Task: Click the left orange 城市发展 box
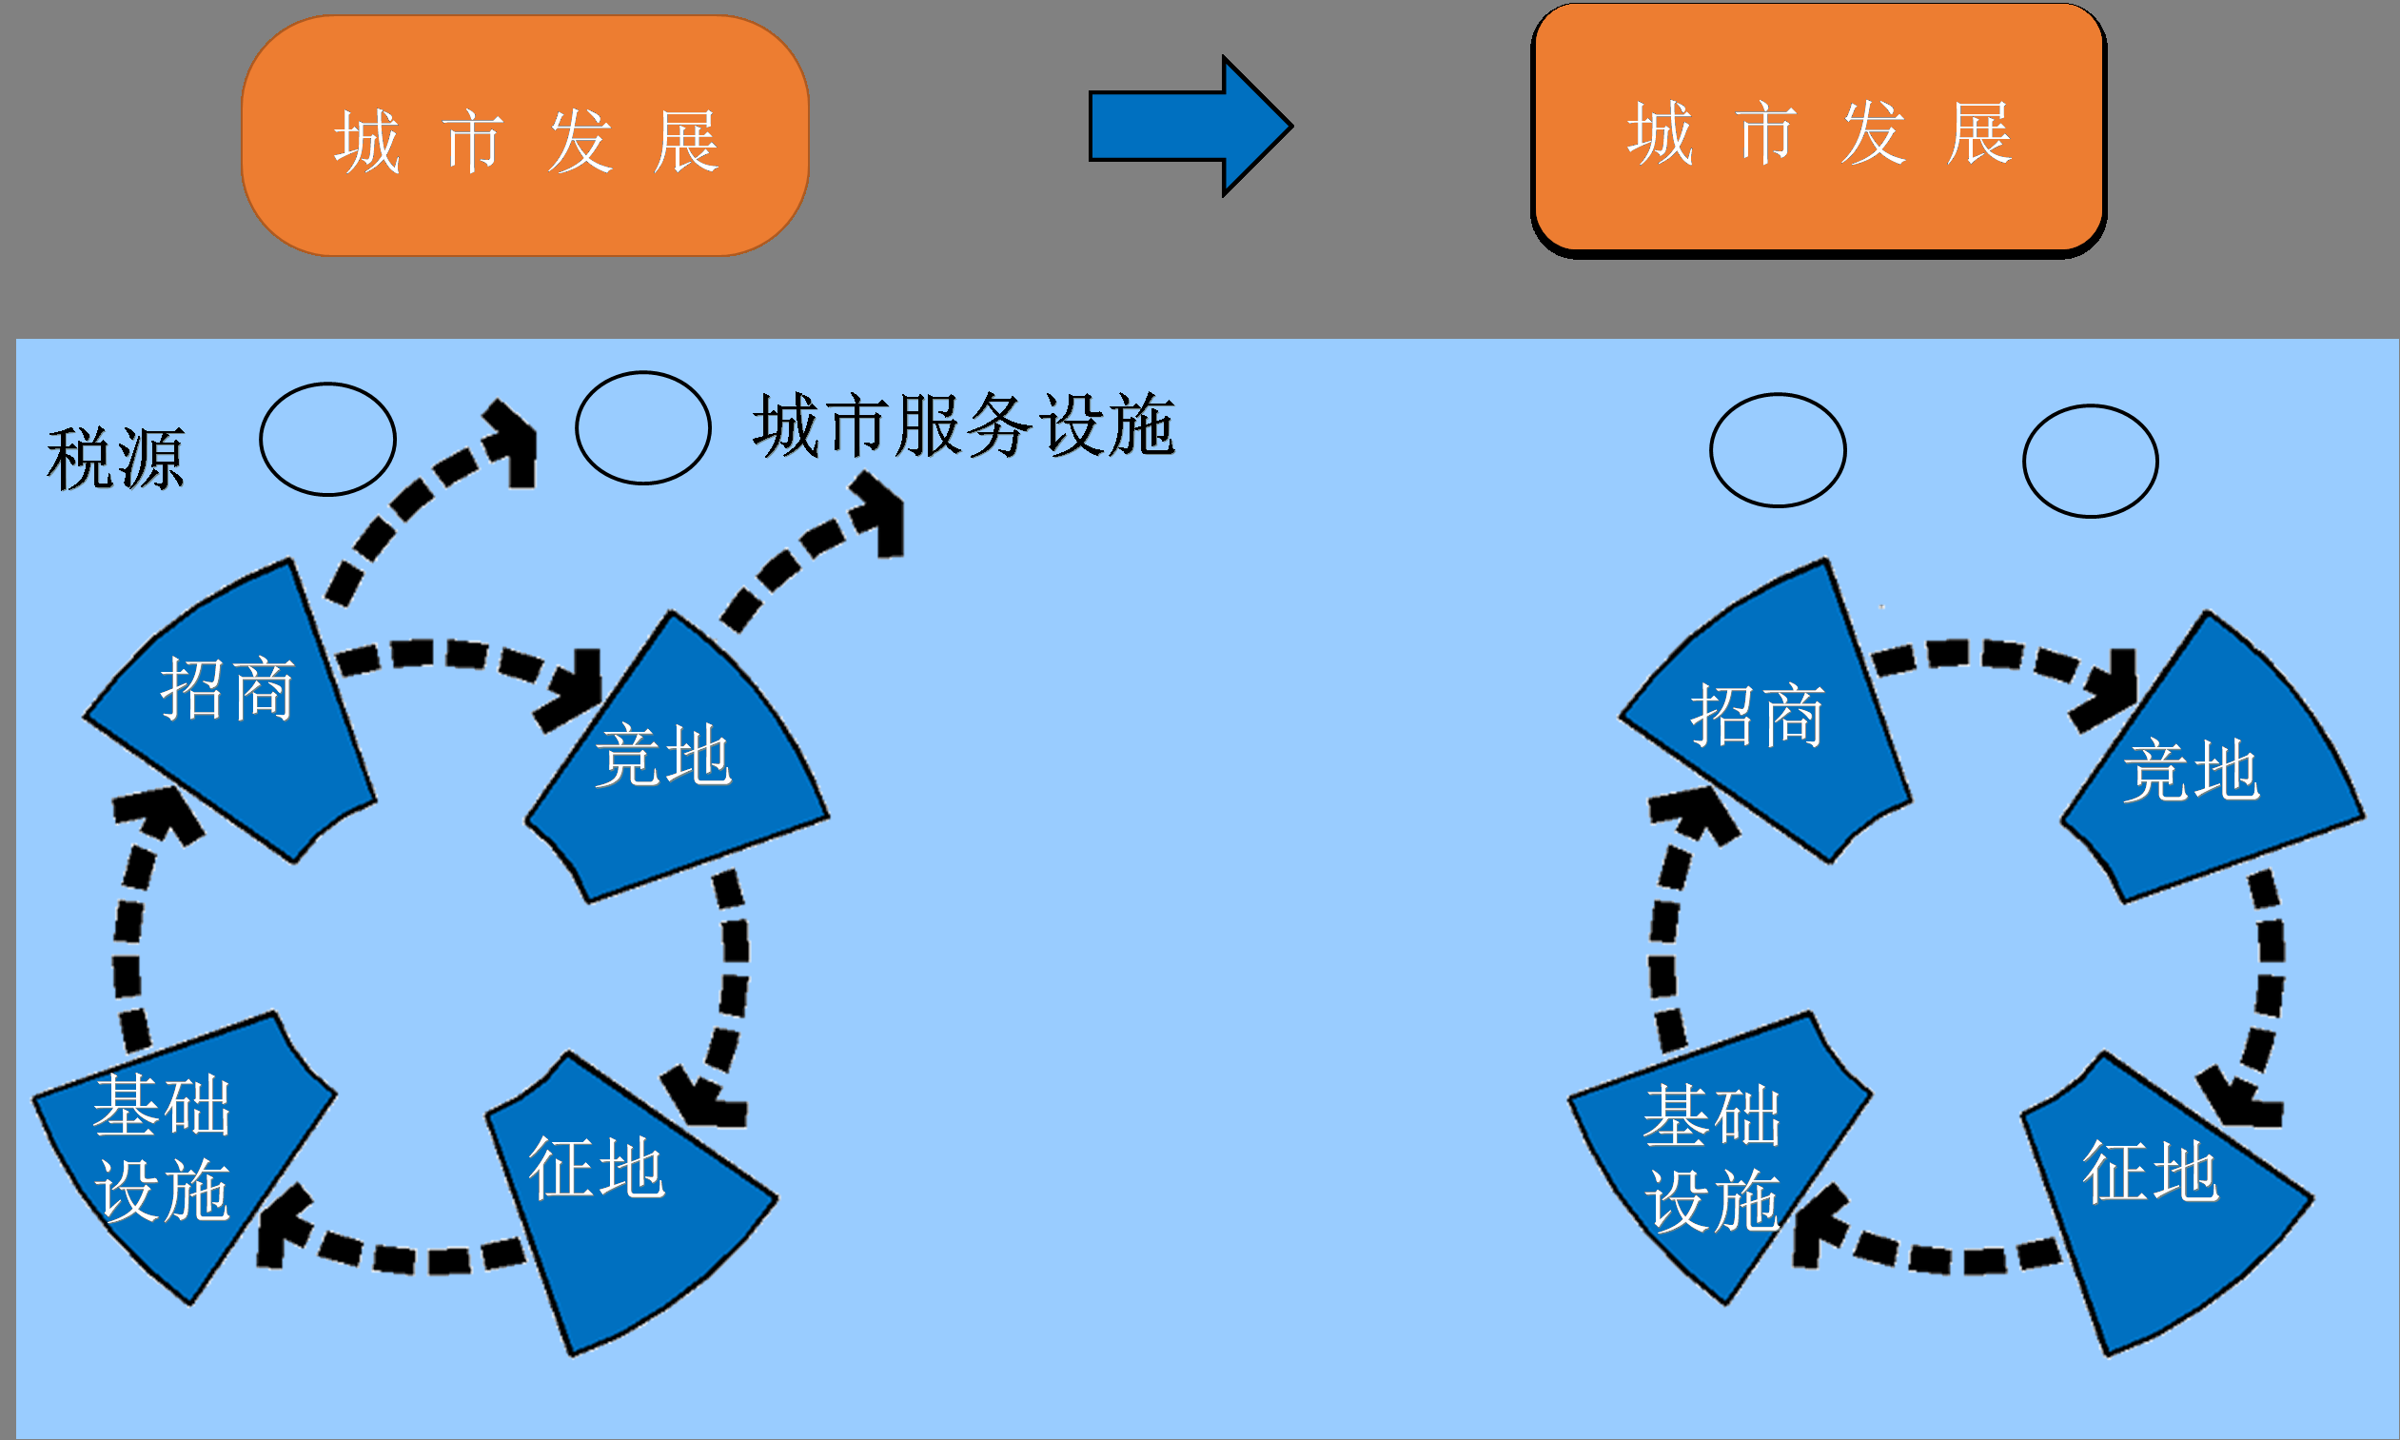click(x=524, y=136)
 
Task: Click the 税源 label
click(x=115, y=458)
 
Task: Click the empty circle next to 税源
click(x=328, y=440)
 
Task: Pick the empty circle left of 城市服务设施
click(x=643, y=428)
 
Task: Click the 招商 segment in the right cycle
click(x=1765, y=718)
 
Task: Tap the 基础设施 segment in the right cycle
click(x=1712, y=1154)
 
